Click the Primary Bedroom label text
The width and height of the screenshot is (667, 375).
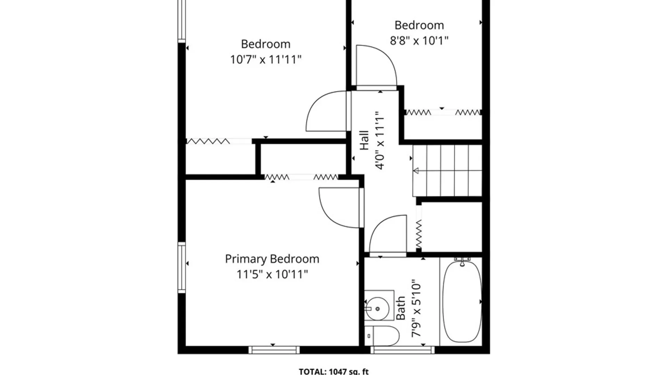[x=272, y=259]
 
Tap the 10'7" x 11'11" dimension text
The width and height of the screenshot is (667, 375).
[x=266, y=60]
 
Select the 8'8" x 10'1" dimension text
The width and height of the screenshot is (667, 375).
[x=419, y=41]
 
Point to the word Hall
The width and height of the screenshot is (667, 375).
[x=364, y=140]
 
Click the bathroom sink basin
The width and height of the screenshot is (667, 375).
[x=377, y=308]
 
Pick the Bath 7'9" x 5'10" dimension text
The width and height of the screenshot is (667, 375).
[x=409, y=308]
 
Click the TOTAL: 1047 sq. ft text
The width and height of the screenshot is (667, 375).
[x=333, y=371]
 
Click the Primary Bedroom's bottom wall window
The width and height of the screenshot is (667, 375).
[x=274, y=350]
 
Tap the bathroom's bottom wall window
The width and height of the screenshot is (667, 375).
[x=402, y=350]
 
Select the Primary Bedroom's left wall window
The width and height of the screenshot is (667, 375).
[x=182, y=267]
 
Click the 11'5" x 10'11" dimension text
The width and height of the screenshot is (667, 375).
[x=272, y=275]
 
